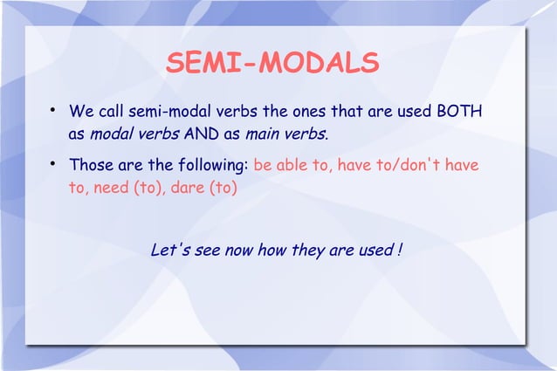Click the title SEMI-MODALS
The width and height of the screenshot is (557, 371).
pos(272,64)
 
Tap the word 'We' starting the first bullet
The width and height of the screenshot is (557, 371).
pos(81,113)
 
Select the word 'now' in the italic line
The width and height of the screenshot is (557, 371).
pos(242,251)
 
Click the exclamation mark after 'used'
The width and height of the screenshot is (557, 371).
pos(399,251)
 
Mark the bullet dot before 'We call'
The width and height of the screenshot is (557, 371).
pos(53,112)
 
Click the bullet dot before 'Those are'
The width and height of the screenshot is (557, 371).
pos(53,164)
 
